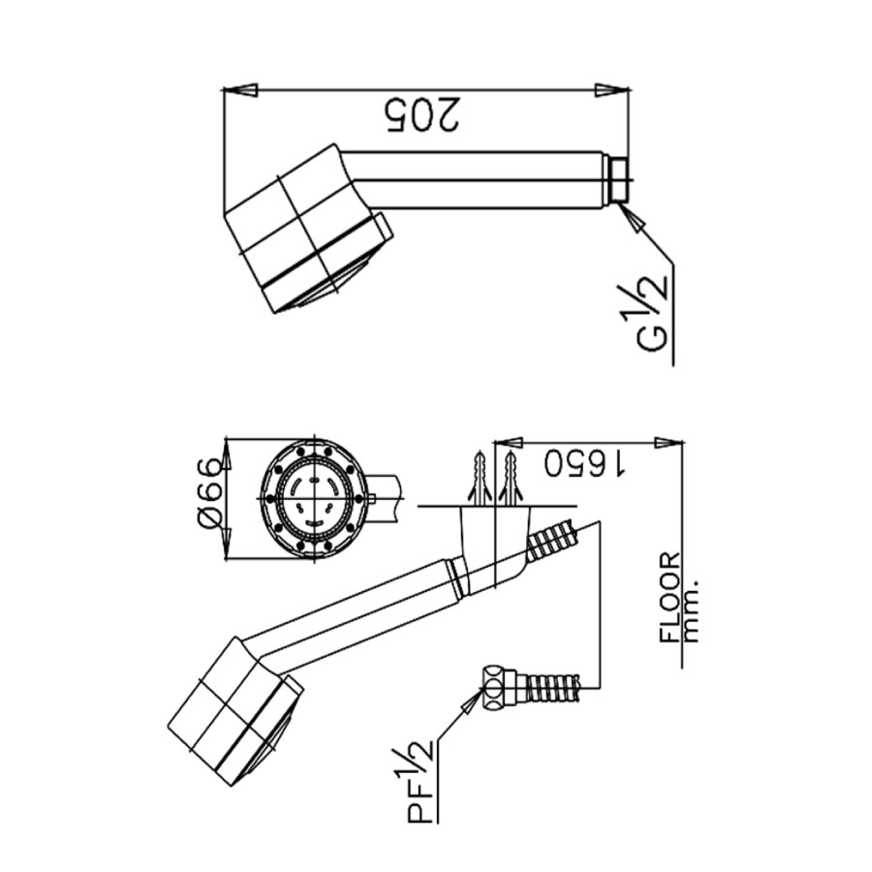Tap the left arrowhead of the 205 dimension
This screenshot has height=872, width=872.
[x=239, y=91]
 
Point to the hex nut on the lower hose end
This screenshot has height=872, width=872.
[x=496, y=686]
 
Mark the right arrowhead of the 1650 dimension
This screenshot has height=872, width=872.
[x=669, y=443]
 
